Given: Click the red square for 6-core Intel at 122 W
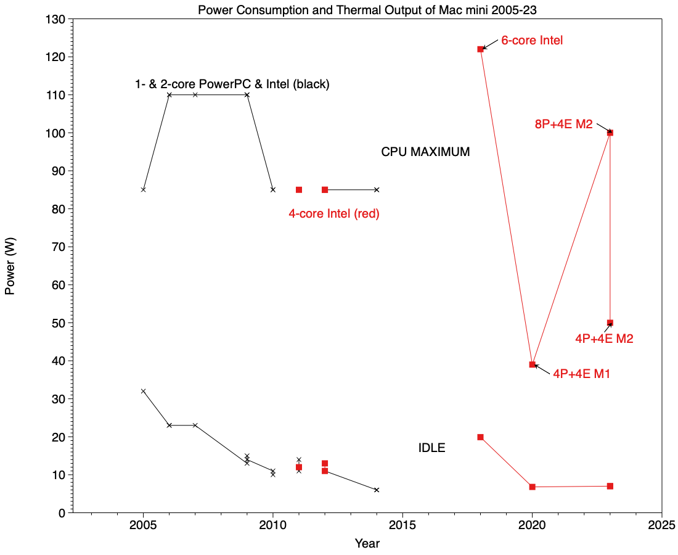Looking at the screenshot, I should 480,49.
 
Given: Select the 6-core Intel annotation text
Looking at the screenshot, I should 532,41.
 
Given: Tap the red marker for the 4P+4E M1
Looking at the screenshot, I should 532,364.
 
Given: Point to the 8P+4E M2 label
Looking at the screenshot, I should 563,124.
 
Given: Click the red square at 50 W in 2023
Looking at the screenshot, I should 610,323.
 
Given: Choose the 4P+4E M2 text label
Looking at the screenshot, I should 604,339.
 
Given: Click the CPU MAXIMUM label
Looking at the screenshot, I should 425,152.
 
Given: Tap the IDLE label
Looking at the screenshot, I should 431,448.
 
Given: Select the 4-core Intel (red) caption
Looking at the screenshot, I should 334,214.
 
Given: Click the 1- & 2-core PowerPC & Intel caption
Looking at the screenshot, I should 232,84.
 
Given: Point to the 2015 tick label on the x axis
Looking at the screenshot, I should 402,525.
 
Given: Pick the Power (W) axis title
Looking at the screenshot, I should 10,266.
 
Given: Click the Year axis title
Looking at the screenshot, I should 367,543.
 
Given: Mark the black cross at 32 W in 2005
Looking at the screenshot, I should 143,391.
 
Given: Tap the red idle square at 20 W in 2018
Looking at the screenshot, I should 480,437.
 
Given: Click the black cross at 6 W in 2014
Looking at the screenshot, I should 377,490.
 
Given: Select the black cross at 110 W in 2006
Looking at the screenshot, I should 169,94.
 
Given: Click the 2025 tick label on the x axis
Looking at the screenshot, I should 662,525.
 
